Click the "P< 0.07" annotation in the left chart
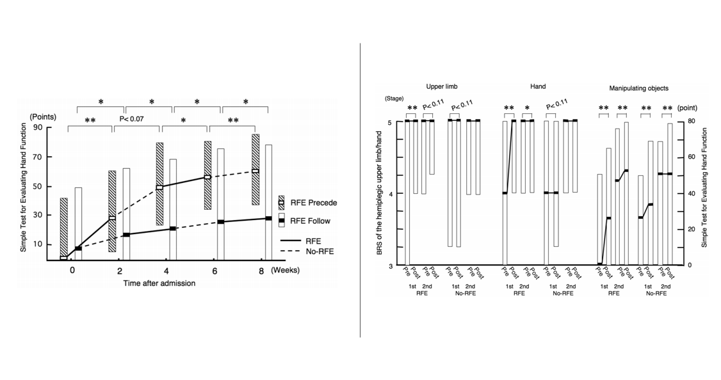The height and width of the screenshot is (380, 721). (x=133, y=119)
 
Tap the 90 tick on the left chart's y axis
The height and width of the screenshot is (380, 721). (x=49, y=127)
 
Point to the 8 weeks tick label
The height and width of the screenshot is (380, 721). (x=261, y=271)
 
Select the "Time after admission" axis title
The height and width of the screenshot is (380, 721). (x=160, y=283)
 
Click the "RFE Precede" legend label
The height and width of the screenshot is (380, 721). (x=314, y=203)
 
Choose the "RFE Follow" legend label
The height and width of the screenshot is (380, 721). (x=311, y=221)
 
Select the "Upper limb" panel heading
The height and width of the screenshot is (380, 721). (x=442, y=86)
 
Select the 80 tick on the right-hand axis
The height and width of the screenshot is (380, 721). (x=692, y=121)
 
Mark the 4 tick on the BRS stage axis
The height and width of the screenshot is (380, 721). (x=398, y=193)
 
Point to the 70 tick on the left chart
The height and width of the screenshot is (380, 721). (x=49, y=156)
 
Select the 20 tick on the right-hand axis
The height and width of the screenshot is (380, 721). (x=692, y=229)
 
